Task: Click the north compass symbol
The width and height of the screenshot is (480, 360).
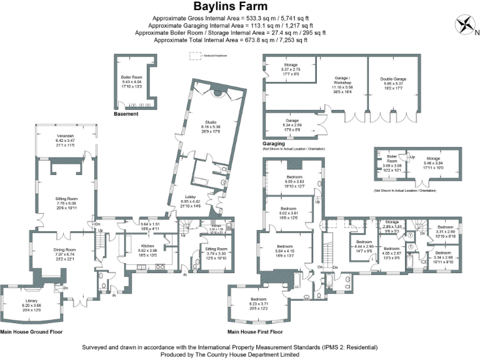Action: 466,26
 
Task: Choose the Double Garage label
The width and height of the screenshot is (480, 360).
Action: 393,79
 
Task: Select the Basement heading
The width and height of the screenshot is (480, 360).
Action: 126,115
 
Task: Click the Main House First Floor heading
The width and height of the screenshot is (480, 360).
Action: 255,332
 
